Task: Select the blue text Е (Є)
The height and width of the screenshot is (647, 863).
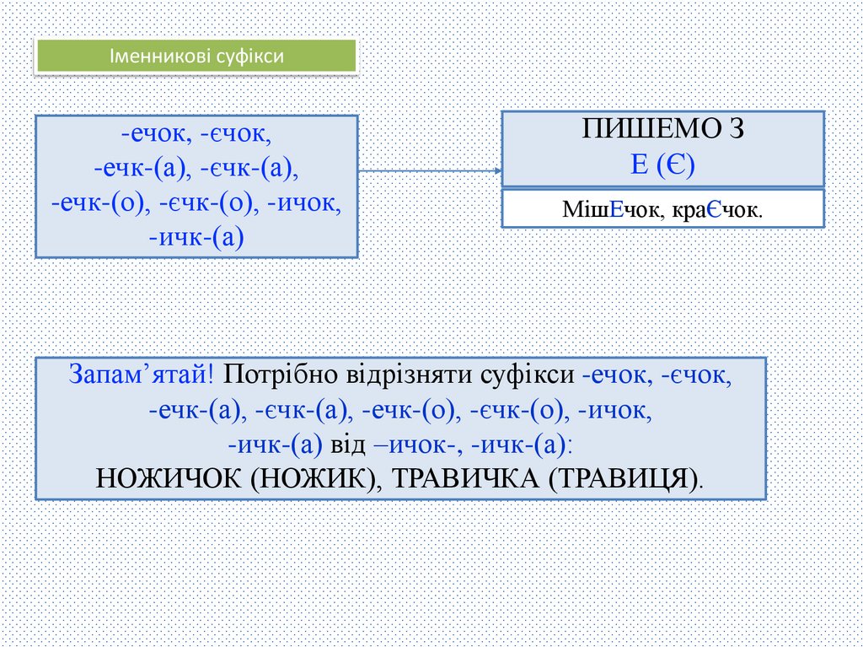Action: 662,164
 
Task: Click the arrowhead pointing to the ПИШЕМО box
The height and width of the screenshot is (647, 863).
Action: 497,170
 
